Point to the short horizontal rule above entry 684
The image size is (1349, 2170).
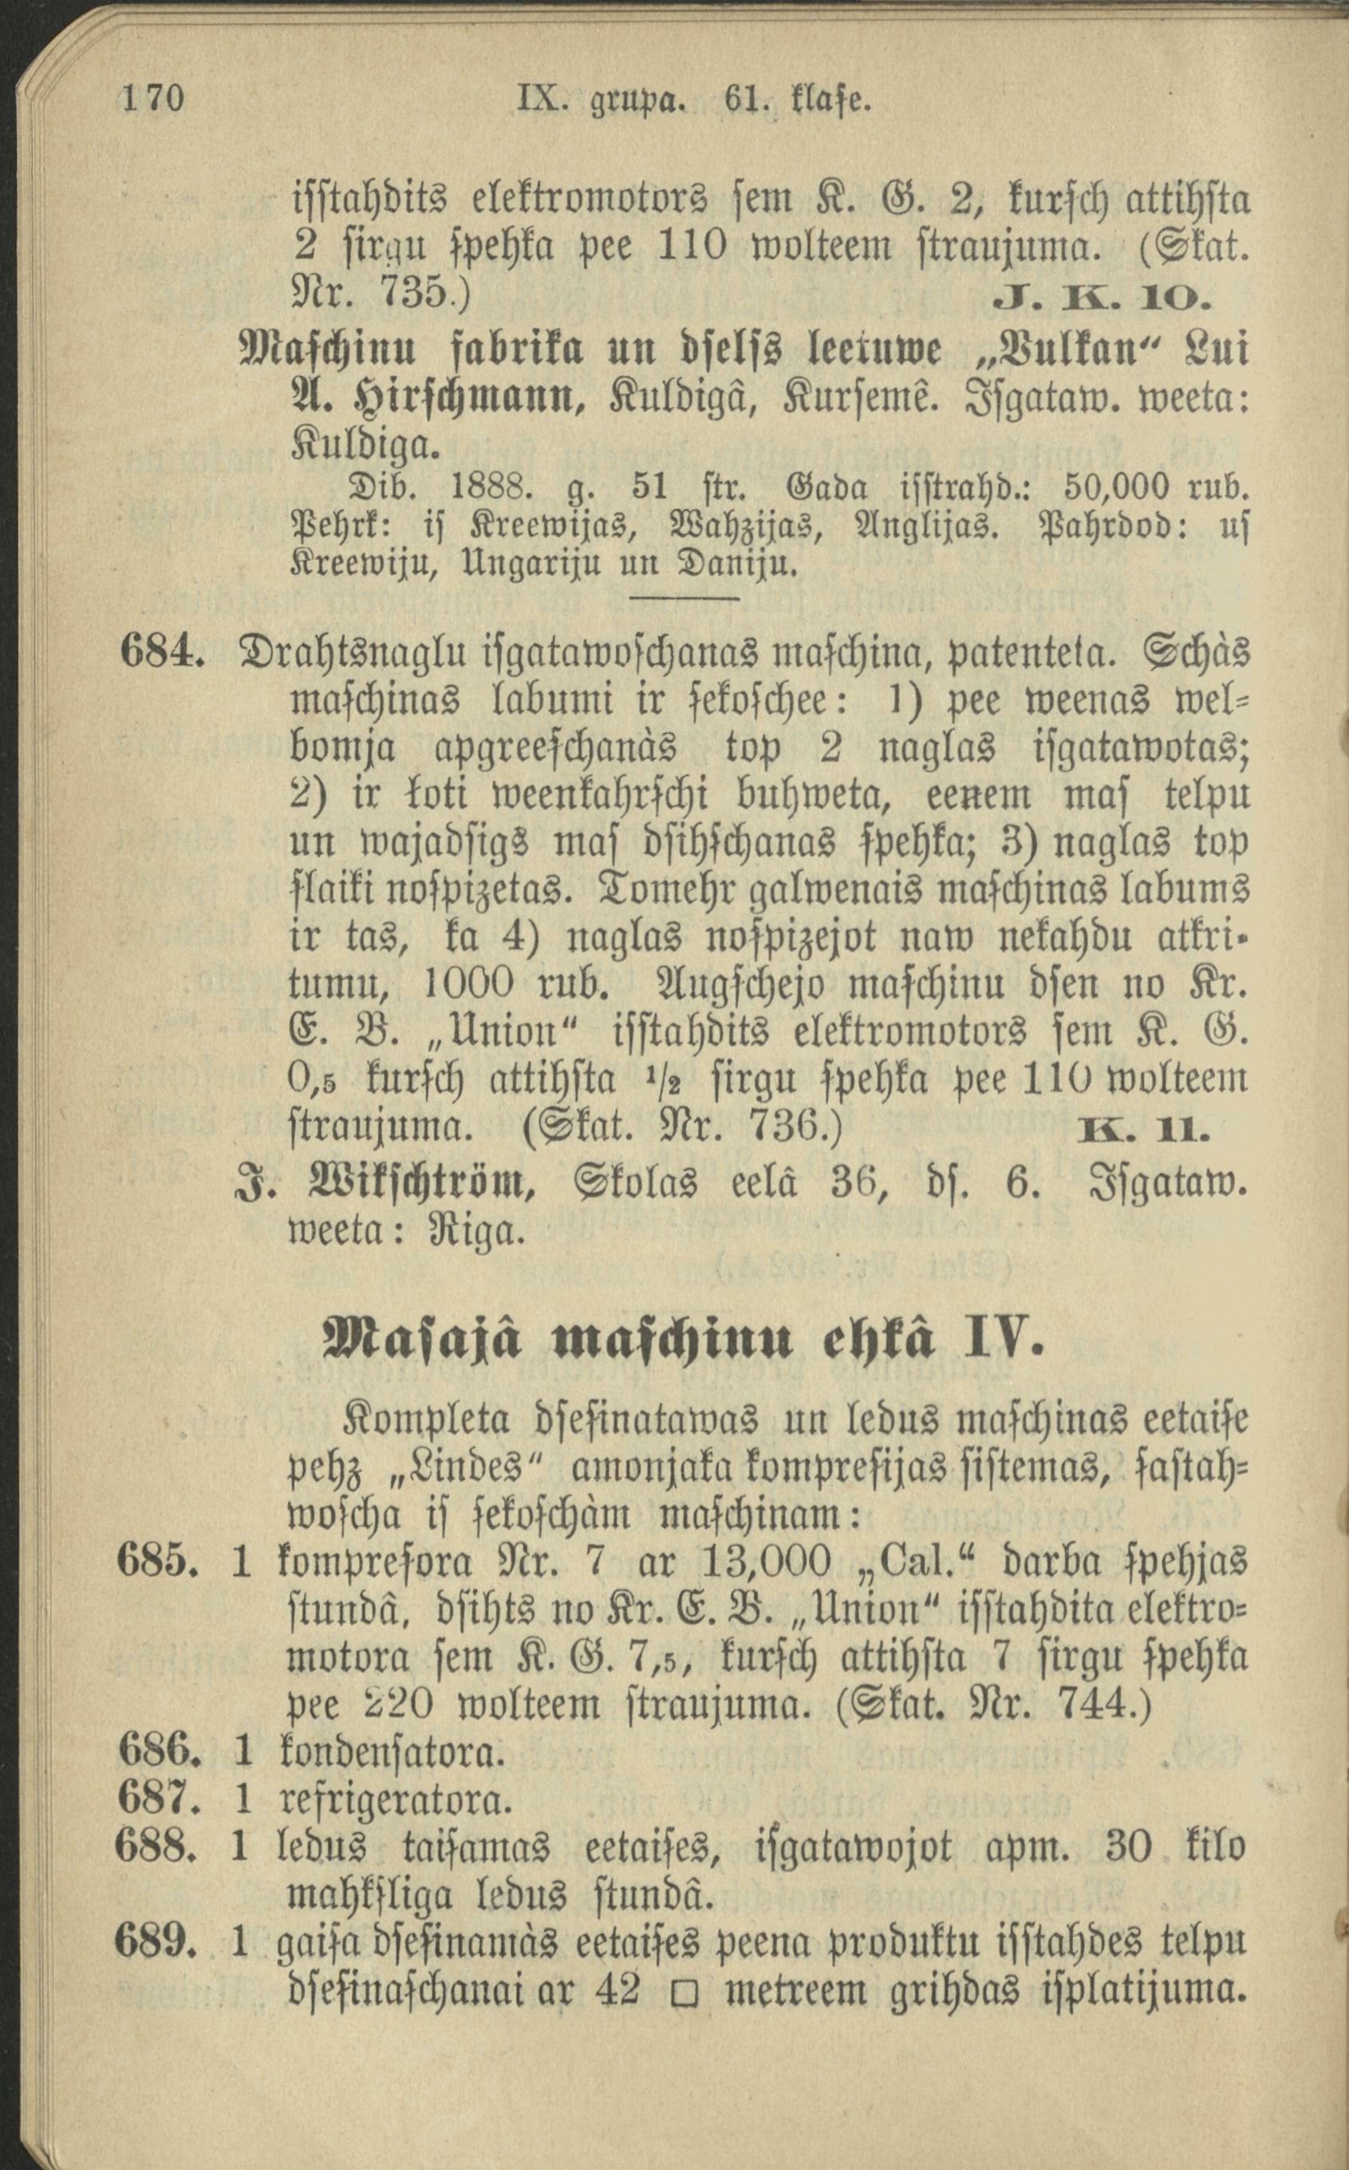click(x=685, y=598)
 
